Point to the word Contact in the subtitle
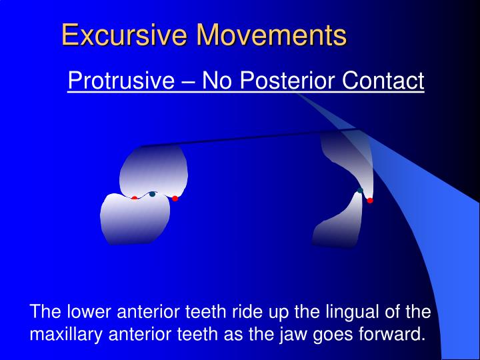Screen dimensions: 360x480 click(x=383, y=81)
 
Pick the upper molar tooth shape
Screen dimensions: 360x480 click(x=153, y=170)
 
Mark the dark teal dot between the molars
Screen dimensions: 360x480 click(x=152, y=194)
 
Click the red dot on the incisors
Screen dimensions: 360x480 click(x=370, y=200)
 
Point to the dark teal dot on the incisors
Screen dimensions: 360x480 click(x=360, y=191)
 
